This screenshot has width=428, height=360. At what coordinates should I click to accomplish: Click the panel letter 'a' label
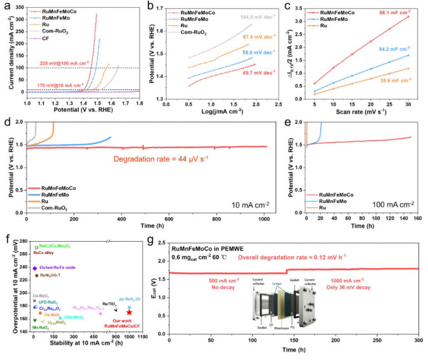coord(5,6)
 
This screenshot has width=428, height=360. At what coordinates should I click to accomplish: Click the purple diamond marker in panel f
coord(35,268)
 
